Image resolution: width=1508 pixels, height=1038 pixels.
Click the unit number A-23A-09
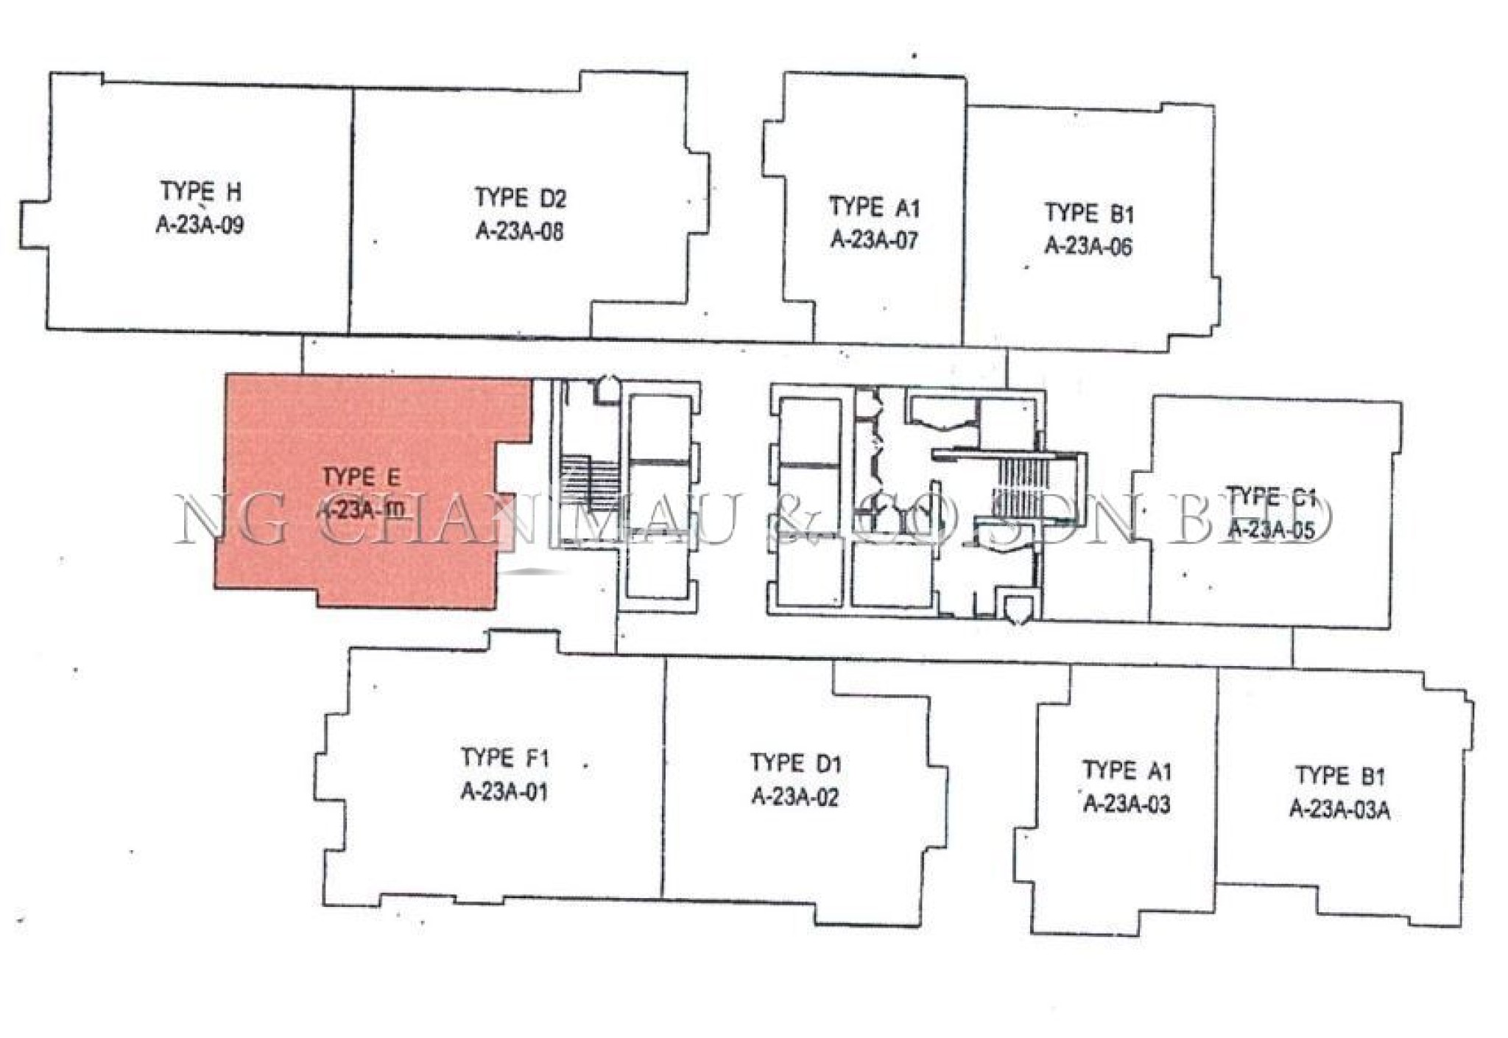pos(200,225)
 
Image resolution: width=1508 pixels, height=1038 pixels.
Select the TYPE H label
pos(200,192)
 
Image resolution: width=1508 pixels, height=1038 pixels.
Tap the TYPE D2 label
pos(520,198)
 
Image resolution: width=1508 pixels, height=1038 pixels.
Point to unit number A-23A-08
pos(520,231)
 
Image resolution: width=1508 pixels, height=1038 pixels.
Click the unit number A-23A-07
pos(874,239)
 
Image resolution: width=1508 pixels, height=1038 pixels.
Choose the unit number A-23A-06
pos(1088,245)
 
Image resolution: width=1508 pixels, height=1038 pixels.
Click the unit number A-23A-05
pos(1271,530)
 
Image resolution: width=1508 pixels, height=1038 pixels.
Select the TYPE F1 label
pos(504,758)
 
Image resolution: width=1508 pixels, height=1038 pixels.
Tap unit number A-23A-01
pos(504,792)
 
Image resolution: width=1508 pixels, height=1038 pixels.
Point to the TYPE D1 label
pos(795,763)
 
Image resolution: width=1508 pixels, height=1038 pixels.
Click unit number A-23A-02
pos(795,797)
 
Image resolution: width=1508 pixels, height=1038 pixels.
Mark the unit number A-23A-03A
pos(1339,810)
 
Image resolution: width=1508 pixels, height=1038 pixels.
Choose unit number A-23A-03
pos(1127,804)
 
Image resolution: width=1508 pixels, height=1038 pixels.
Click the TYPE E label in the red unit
pos(361,477)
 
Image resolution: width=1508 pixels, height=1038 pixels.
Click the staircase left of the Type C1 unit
pos(1019,486)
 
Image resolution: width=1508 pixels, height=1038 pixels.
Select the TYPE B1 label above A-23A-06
pos(1089,214)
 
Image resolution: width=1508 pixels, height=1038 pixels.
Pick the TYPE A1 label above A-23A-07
pos(874,207)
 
